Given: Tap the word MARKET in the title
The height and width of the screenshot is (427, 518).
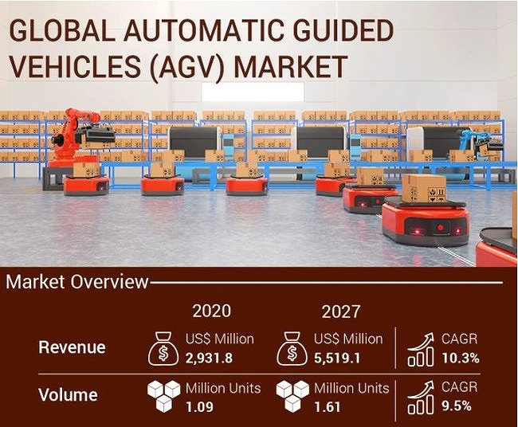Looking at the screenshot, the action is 290,66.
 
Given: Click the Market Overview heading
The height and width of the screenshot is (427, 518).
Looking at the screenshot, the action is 77,282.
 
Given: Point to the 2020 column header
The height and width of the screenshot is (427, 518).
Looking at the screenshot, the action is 211,311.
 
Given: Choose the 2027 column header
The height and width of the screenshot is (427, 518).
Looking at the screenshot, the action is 341,311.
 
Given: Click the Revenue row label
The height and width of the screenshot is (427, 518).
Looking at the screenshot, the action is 72,347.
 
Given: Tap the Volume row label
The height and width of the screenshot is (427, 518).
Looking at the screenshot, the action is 68,394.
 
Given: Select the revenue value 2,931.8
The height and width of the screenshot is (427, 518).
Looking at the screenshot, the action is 209,358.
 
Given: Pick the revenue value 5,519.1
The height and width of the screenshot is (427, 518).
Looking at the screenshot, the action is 337,358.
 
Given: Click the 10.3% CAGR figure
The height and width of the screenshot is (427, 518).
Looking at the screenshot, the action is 461,358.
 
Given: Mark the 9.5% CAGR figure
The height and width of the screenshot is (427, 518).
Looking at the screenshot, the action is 457,405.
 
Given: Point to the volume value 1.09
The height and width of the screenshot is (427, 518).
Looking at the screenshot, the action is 199,407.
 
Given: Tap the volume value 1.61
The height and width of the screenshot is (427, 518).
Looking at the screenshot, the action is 327,407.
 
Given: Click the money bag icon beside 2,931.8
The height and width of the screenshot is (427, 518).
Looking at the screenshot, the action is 164,349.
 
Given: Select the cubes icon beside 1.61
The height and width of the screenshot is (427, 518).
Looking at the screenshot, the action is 292,396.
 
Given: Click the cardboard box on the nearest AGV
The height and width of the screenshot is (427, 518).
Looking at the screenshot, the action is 424,189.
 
